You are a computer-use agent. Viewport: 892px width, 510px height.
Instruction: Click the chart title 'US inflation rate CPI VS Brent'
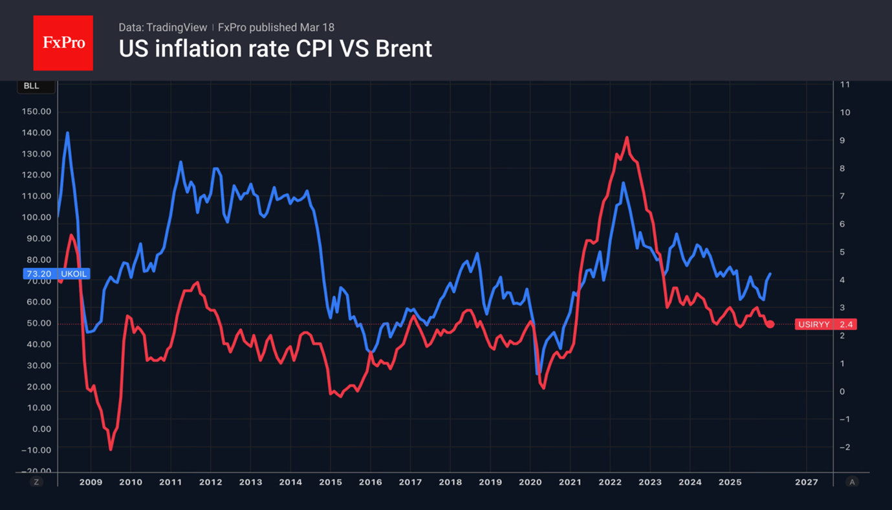275,49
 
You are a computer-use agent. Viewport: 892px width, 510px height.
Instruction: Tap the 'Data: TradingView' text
162,27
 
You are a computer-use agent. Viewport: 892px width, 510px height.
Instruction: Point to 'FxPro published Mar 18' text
276,27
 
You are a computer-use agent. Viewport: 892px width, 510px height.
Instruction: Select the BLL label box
32,86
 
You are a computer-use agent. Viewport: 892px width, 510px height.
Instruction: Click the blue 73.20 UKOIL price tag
56,274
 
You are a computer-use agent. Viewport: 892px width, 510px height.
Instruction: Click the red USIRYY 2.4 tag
825,324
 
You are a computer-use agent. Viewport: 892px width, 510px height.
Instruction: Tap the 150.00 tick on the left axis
36,111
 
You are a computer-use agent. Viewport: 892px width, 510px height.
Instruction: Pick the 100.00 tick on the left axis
36,217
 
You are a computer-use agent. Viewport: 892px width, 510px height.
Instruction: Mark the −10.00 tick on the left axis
36,450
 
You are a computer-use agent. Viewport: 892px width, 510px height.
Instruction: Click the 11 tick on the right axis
845,85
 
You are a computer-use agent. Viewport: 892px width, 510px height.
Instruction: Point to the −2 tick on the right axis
845,447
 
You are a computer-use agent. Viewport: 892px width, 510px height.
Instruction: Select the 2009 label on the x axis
90,482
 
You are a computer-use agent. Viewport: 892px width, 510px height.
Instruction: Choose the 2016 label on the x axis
370,482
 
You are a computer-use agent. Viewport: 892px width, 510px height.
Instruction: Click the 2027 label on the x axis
806,482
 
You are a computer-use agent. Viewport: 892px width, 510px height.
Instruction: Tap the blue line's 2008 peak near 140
67,133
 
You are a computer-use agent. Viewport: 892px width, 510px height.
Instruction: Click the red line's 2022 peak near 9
627,138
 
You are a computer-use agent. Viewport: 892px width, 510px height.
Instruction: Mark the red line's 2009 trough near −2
111,449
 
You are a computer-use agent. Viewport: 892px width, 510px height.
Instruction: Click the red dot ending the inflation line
770,324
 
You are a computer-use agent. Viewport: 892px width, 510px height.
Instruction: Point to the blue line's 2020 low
538,373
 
